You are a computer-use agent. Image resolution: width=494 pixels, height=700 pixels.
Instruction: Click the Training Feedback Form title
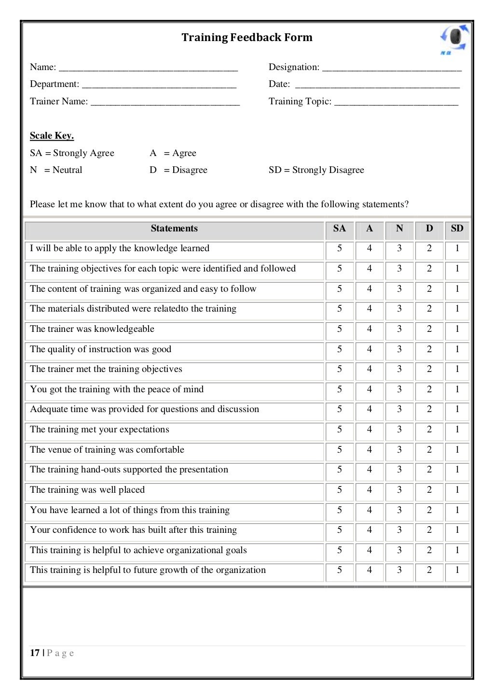point(247,38)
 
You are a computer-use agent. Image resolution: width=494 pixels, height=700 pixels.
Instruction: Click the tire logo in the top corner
point(454,39)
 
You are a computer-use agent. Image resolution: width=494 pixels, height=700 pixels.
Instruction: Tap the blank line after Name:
point(148,68)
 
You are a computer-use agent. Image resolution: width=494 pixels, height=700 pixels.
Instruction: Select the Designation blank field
point(391,68)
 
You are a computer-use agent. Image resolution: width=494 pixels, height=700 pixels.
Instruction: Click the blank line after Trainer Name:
point(165,102)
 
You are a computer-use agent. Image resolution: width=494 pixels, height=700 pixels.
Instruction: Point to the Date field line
point(377,85)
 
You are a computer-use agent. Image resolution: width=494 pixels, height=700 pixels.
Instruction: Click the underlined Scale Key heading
point(52,136)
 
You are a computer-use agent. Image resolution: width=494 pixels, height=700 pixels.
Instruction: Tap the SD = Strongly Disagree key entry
point(316,170)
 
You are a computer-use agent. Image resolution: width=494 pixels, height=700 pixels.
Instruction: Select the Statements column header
point(174,229)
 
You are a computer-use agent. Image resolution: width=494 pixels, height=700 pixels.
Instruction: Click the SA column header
point(339,229)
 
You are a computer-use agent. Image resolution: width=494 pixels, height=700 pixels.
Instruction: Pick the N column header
point(399,229)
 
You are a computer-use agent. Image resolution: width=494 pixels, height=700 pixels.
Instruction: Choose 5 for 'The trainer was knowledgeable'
point(339,329)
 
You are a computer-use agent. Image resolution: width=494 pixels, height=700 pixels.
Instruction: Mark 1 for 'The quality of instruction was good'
point(457,349)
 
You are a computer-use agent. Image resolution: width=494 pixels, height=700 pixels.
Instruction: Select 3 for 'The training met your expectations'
point(399,429)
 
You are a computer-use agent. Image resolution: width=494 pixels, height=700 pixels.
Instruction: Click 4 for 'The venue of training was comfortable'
point(369,450)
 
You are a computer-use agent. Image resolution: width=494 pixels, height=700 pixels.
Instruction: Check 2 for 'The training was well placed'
point(429,490)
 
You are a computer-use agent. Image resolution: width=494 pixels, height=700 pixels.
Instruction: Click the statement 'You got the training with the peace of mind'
point(117,389)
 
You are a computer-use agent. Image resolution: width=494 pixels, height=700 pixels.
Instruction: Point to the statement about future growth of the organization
point(148,570)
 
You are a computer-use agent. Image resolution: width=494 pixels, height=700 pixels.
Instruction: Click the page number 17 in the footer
point(35,653)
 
